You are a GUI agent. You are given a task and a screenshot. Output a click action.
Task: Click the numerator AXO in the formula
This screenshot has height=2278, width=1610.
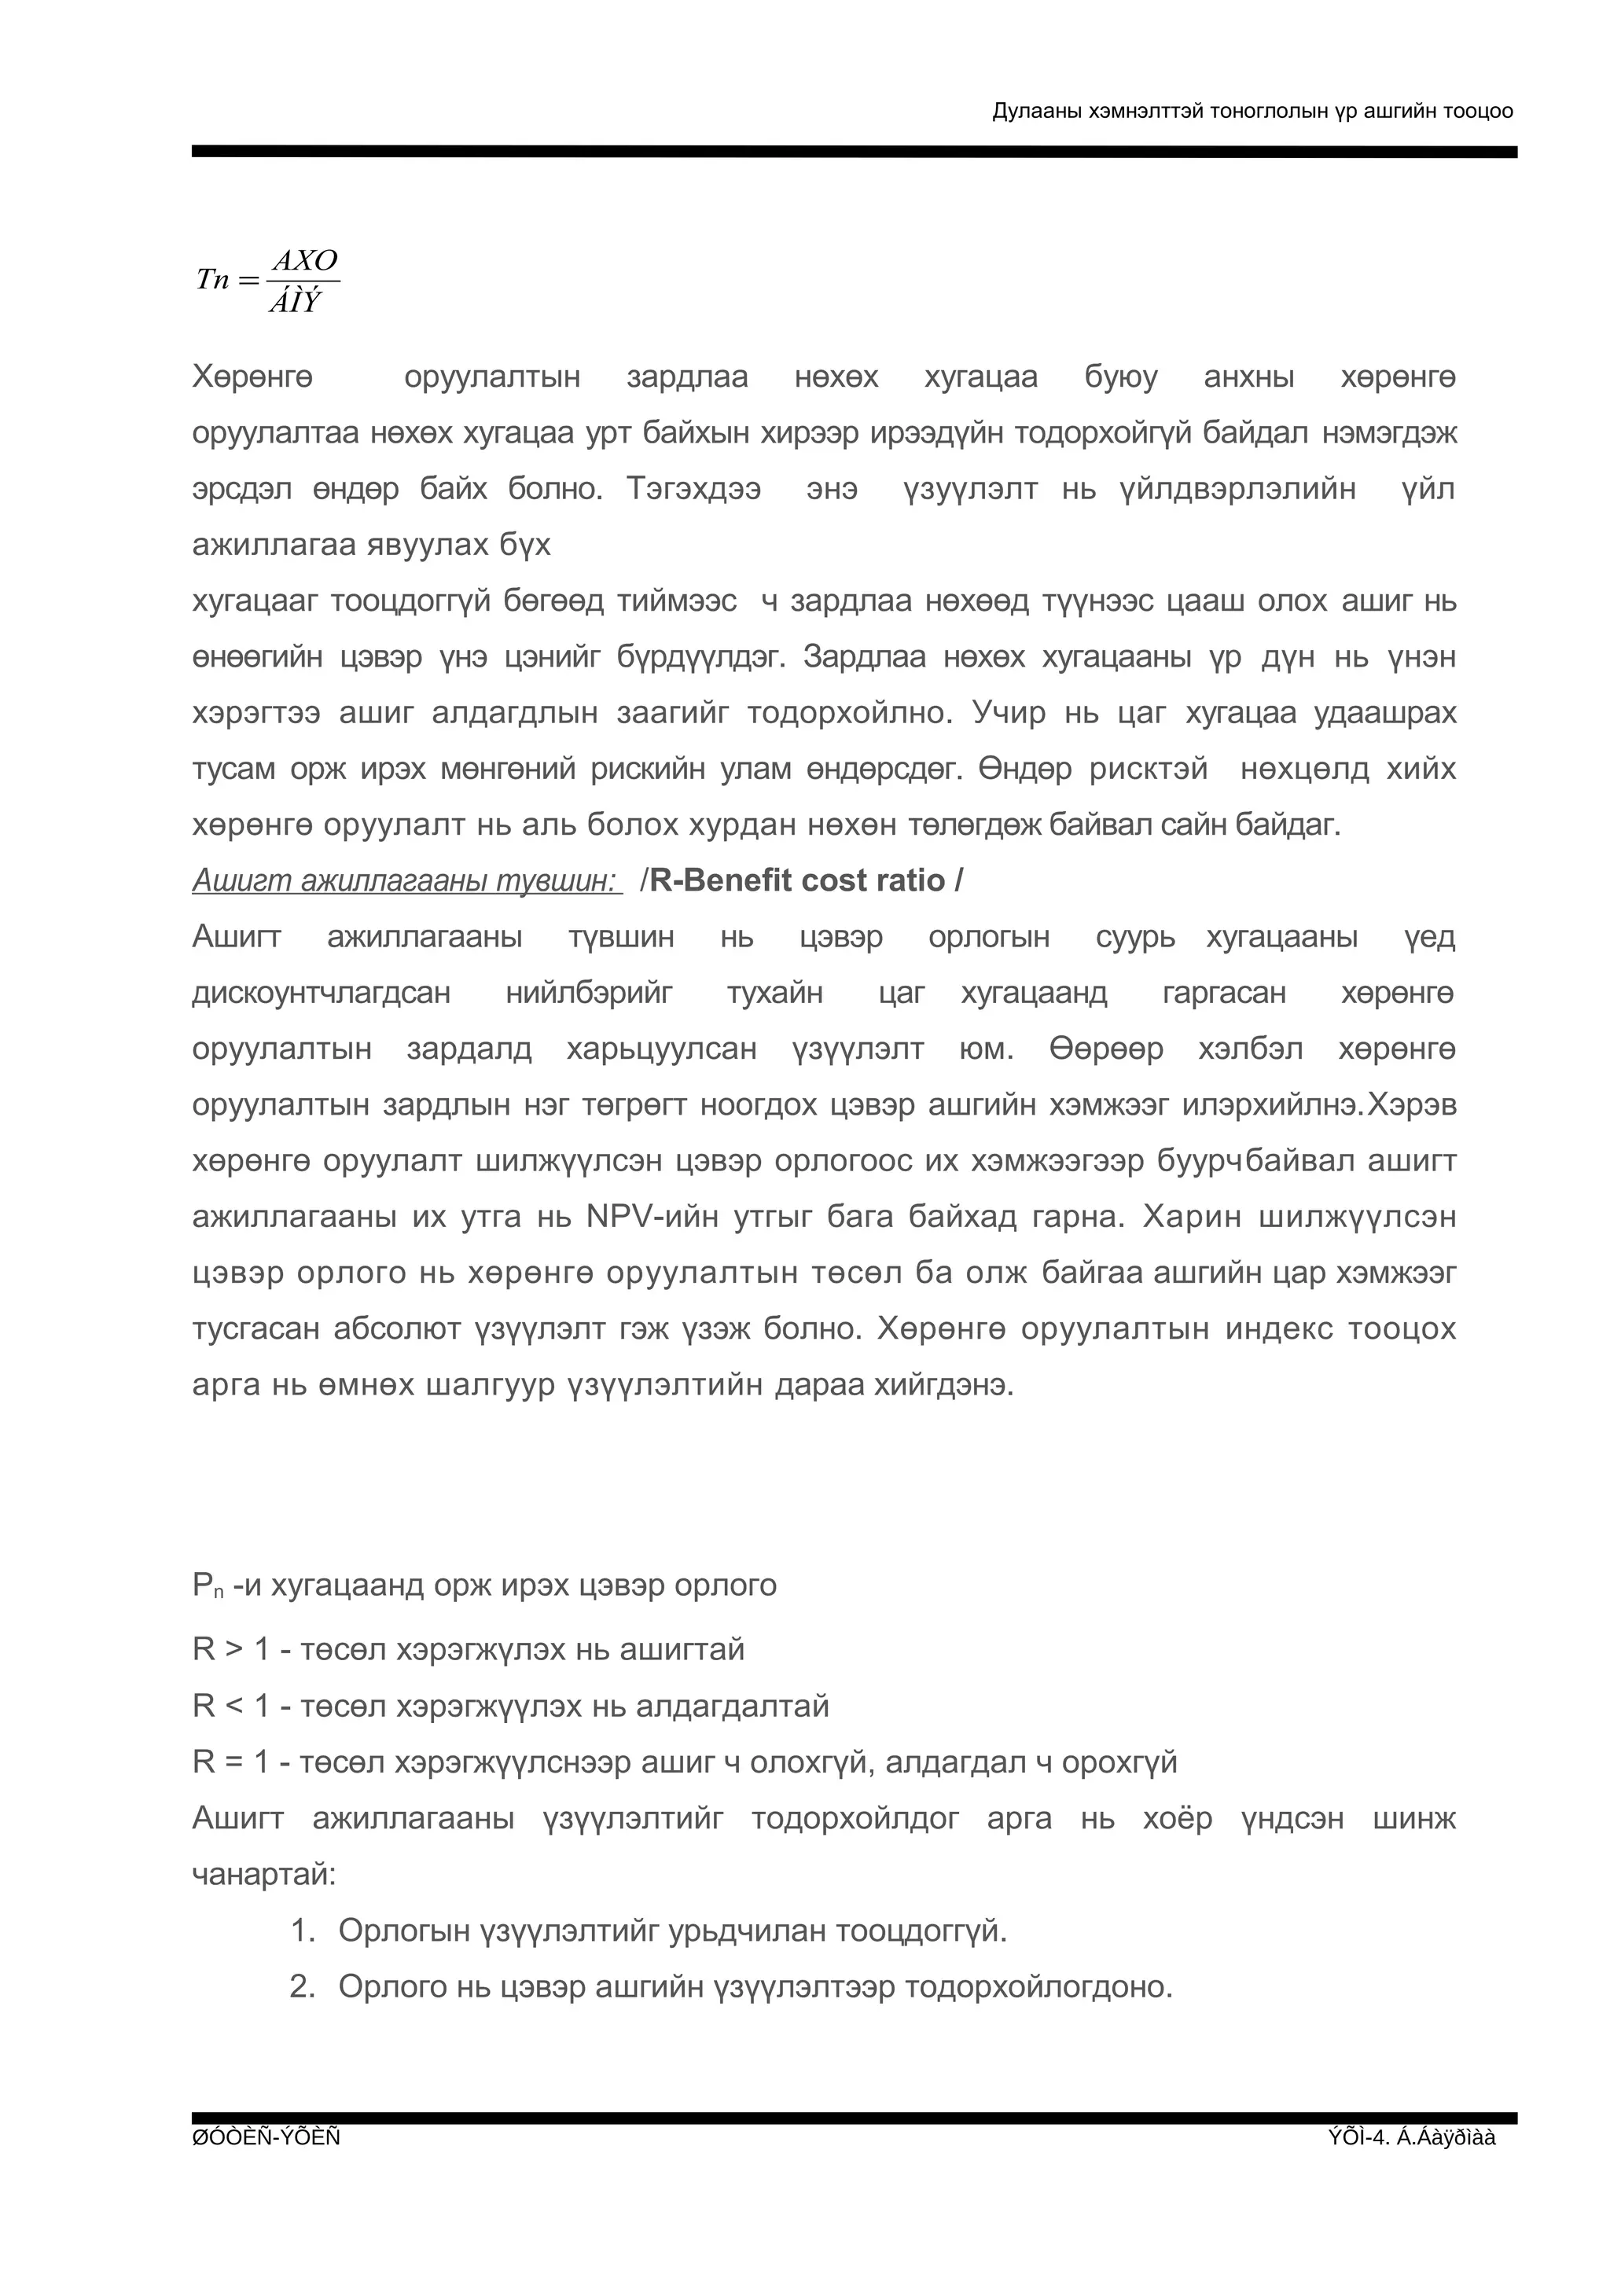pyautogui.click(x=306, y=261)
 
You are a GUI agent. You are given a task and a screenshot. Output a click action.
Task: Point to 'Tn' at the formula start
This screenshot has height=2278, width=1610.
pyautogui.click(x=213, y=280)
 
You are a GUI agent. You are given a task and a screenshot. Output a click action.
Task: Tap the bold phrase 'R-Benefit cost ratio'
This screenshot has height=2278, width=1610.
pyautogui.click(x=798, y=881)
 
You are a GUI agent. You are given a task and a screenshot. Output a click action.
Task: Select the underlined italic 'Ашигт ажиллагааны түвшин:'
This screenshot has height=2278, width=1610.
pyautogui.click(x=406, y=881)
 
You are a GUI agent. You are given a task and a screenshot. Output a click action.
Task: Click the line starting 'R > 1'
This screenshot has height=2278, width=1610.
pyautogui.click(x=469, y=1650)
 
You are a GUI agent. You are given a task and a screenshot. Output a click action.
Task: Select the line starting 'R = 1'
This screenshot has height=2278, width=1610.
pyautogui.click(x=685, y=1762)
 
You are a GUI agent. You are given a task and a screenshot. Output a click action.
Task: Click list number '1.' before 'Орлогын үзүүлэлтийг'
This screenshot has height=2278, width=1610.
pyautogui.click(x=303, y=1931)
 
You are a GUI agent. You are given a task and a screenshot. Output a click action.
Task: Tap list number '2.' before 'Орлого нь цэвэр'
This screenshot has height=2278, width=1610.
pyautogui.click(x=303, y=1986)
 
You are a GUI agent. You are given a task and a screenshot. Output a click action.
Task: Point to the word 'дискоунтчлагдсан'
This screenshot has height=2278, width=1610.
pyautogui.click(x=322, y=993)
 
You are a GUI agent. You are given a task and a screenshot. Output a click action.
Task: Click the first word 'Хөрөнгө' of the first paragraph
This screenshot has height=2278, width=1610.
pyautogui.click(x=252, y=378)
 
